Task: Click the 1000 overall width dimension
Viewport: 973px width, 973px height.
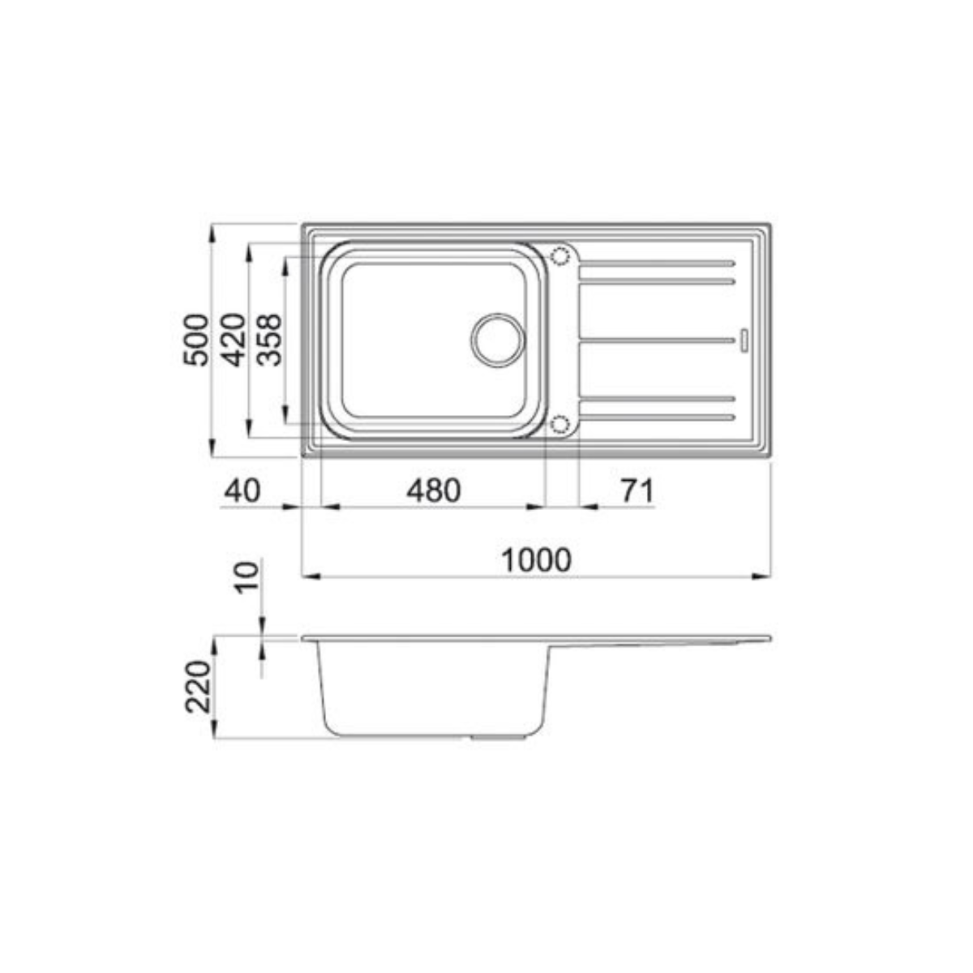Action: (x=536, y=559)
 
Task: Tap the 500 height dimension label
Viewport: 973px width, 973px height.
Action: (x=195, y=339)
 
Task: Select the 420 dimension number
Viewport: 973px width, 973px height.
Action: (x=233, y=339)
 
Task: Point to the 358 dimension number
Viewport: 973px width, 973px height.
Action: (x=268, y=339)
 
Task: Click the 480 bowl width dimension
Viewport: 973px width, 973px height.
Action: (x=434, y=491)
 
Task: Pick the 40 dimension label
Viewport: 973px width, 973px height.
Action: (x=242, y=491)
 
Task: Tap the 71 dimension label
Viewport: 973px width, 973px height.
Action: (x=637, y=491)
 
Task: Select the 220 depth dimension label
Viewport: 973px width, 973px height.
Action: (x=198, y=686)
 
